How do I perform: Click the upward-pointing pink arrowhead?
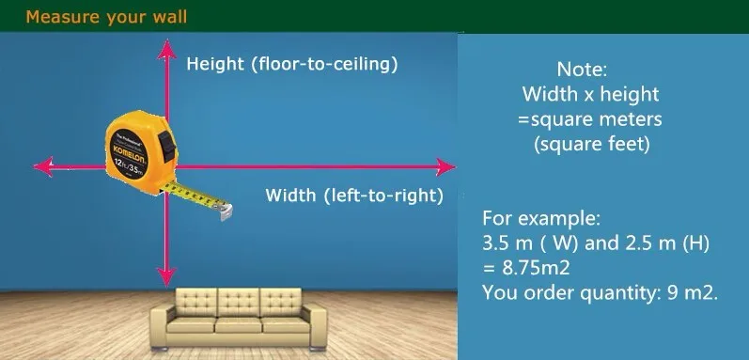pos(166,50)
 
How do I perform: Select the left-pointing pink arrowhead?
pos(43,166)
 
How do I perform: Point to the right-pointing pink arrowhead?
pos(445,167)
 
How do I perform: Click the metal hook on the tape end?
pos(226,211)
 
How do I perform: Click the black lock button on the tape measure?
pos(167,146)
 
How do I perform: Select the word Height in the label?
pos(215,64)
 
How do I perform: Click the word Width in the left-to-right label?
pos(290,196)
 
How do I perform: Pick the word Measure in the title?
pos(64,17)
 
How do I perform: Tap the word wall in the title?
pos(170,17)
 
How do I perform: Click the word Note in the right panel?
pos(582,70)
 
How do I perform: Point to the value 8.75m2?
pos(536,268)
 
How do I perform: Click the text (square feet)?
pos(591,144)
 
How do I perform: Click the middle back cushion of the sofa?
pos(239,303)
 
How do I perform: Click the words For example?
pos(540,219)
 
